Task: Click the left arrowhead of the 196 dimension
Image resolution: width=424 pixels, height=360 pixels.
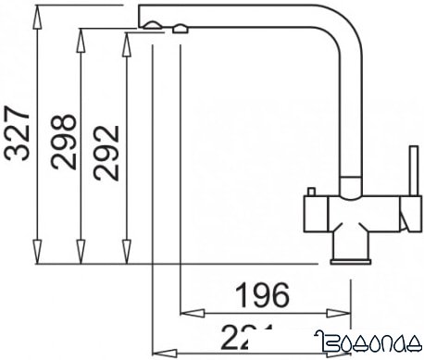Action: pos(185,312)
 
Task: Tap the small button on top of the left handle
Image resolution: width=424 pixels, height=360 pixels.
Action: pos(313,190)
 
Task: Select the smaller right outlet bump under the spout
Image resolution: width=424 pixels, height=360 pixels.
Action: pos(177,31)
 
